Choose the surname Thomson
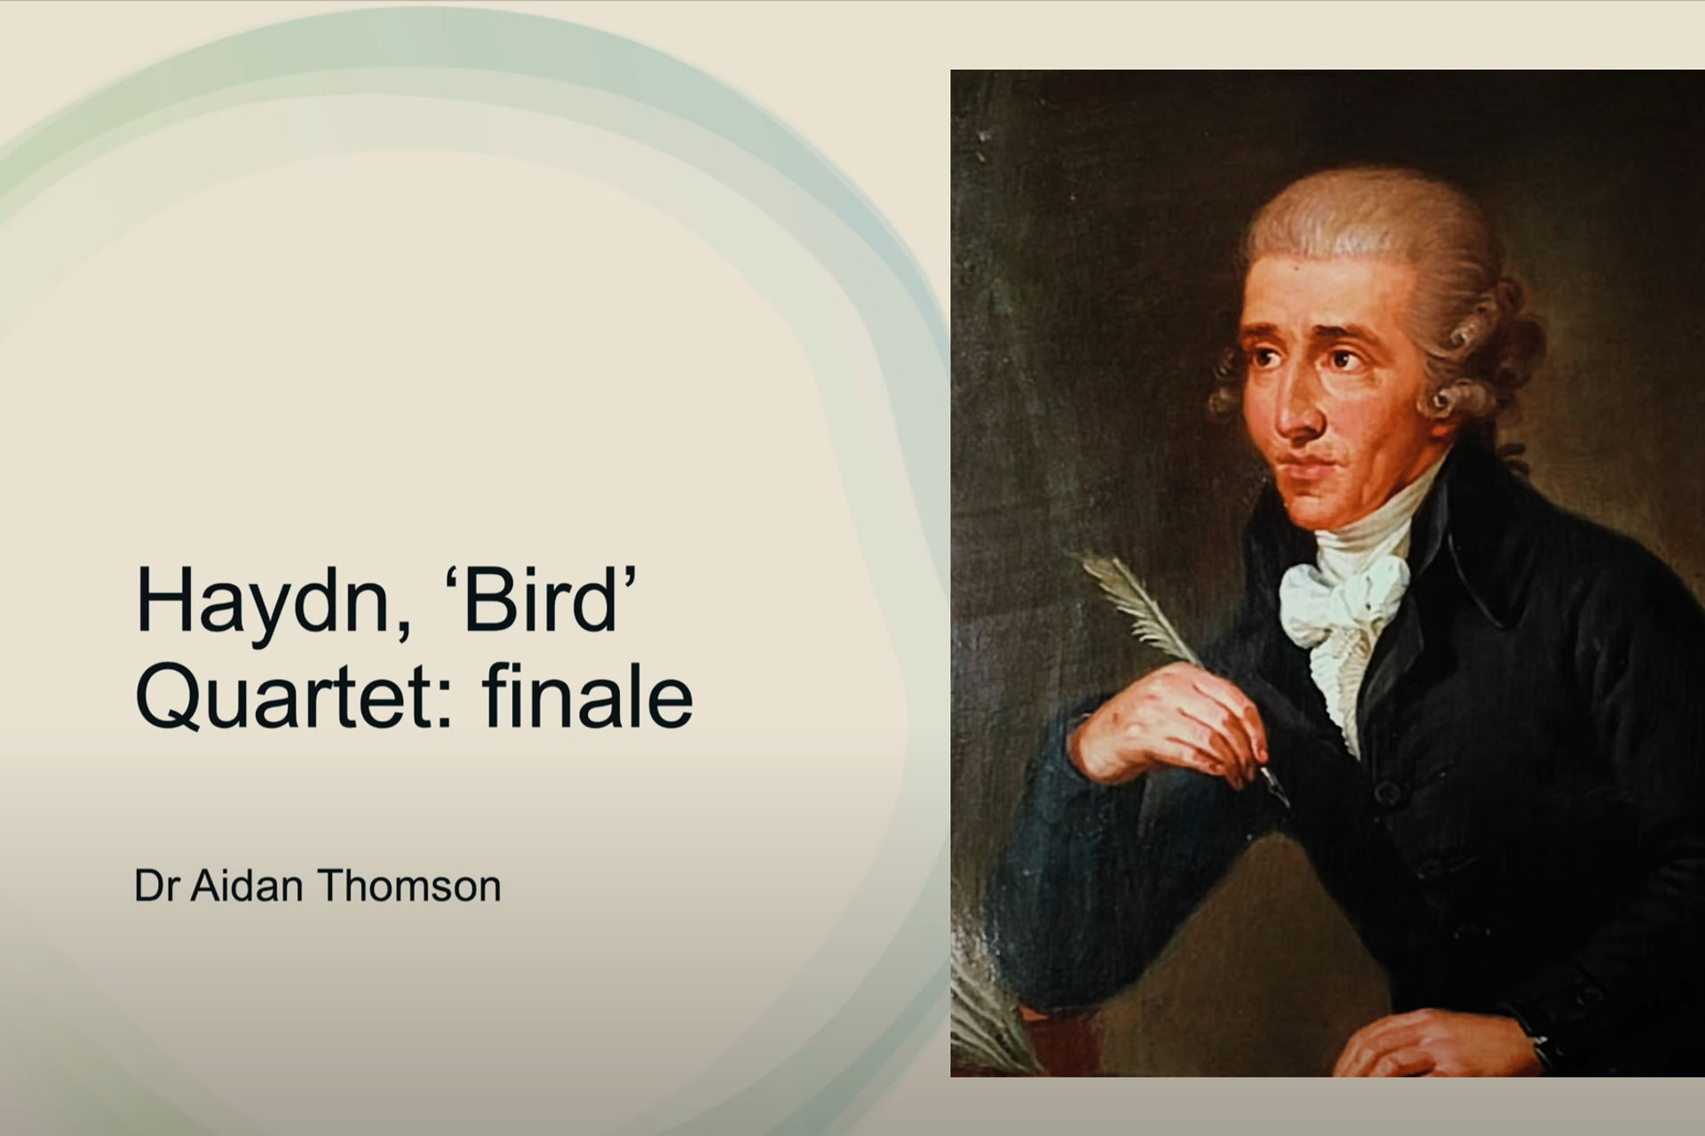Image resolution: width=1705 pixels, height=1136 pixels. [x=409, y=886]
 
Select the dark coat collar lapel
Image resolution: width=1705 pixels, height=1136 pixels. [x=1456, y=568]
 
